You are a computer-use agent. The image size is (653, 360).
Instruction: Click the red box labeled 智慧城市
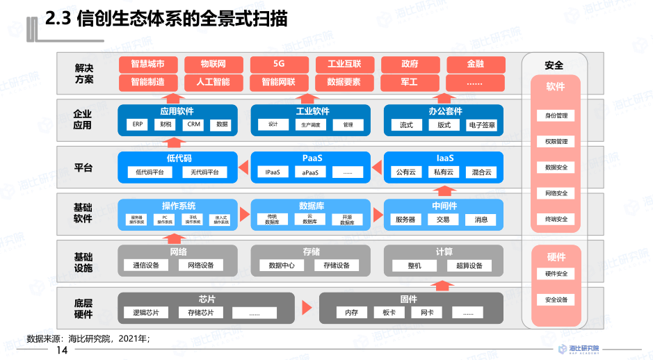(147, 65)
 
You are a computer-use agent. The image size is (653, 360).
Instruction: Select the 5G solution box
(279, 65)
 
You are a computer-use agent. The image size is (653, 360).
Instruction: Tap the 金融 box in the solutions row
(476, 65)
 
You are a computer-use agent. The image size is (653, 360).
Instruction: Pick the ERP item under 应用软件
(138, 125)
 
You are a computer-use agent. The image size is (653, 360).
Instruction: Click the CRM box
(193, 125)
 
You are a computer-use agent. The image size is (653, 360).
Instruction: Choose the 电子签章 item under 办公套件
(482, 125)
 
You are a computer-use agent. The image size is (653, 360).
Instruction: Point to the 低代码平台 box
(150, 172)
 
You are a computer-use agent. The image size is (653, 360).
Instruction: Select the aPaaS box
(310, 172)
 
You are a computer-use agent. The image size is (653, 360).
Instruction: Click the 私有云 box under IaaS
(444, 172)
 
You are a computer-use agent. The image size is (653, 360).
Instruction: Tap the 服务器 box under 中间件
(405, 220)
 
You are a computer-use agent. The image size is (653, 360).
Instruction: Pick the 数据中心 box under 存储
(282, 265)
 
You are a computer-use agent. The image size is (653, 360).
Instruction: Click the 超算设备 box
(469, 265)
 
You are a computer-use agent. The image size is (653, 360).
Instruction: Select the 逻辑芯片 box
(146, 313)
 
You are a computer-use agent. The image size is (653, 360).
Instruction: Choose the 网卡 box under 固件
(426, 313)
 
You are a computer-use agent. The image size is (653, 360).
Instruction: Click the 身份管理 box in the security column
(556, 115)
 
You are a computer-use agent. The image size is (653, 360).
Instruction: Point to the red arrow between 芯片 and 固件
(307, 306)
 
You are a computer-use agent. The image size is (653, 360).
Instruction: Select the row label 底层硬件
(83, 308)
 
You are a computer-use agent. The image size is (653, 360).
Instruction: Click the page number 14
(62, 350)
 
